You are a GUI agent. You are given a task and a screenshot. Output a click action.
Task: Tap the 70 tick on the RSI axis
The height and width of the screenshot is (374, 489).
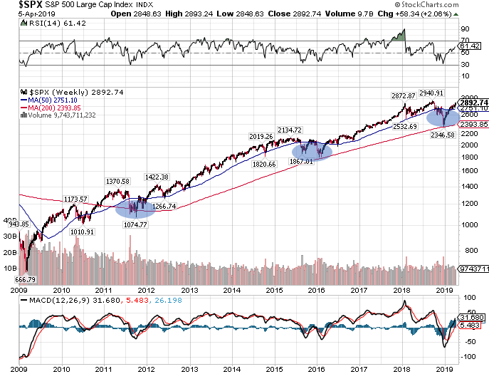click(465, 41)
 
